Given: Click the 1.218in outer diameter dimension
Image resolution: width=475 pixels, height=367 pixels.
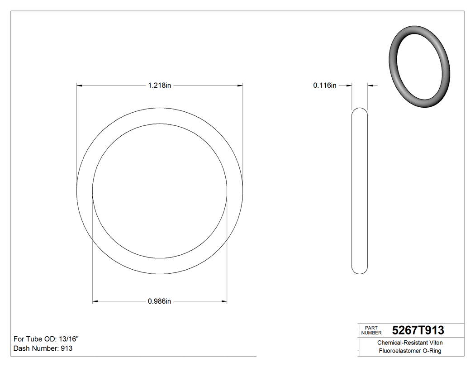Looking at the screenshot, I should coord(159,85).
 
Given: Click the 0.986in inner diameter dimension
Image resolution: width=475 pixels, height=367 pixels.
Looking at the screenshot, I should coord(159,301).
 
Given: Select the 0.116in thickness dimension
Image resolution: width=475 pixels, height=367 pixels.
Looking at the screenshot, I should coord(324,85).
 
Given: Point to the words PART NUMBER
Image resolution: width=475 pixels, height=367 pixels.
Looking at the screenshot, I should coord(371,330).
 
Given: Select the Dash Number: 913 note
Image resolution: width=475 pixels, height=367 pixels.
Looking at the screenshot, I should coord(43,348).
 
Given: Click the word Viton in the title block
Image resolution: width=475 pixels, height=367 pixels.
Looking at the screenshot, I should coord(433,343).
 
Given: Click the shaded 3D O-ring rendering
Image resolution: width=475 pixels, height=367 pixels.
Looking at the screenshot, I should coord(419,67).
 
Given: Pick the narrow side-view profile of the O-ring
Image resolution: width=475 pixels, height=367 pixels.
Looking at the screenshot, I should coord(360,190).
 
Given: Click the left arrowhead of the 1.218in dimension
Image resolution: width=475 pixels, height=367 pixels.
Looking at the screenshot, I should coord(79,85).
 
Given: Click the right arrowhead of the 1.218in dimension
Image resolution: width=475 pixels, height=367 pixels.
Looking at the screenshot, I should coord(240,85).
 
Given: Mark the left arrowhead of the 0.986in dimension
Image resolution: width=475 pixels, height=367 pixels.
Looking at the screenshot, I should coord(95,301).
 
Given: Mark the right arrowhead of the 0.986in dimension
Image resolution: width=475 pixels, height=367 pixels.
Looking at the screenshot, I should coord(224,301).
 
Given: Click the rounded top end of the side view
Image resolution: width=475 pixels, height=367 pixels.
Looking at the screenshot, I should coord(360,110).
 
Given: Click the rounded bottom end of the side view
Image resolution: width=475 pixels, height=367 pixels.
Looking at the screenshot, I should coord(360,271).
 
